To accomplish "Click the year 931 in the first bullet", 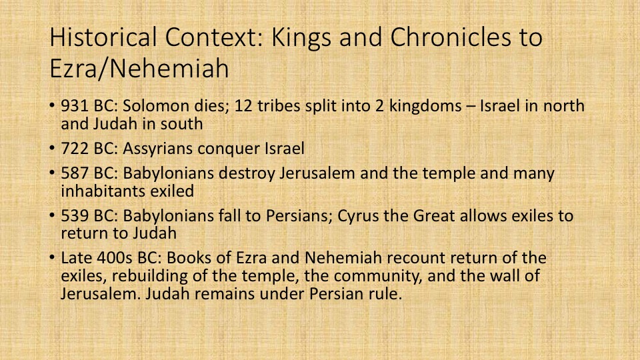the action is coord(75,106).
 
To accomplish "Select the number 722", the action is coord(75,149).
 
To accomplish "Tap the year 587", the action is coord(75,173).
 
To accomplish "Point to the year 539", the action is coord(75,216).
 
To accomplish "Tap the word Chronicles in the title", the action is coord(451,37).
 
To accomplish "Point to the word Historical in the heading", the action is coord(103,37).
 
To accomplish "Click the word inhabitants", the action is coord(103,191).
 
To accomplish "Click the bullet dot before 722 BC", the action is coord(52,148).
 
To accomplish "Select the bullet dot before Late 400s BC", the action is coord(52,257).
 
